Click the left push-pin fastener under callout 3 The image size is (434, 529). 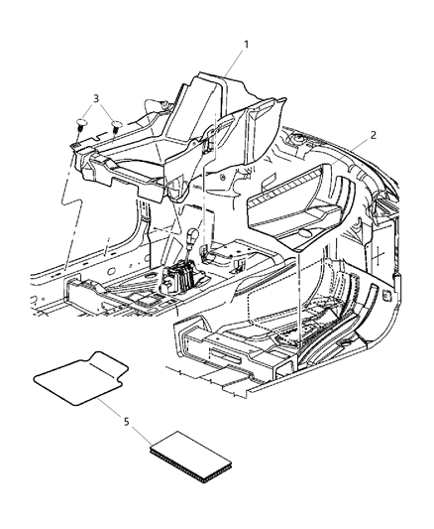[x=81, y=125]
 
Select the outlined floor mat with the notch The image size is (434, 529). [x=84, y=379]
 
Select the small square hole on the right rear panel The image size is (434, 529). [x=385, y=294]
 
